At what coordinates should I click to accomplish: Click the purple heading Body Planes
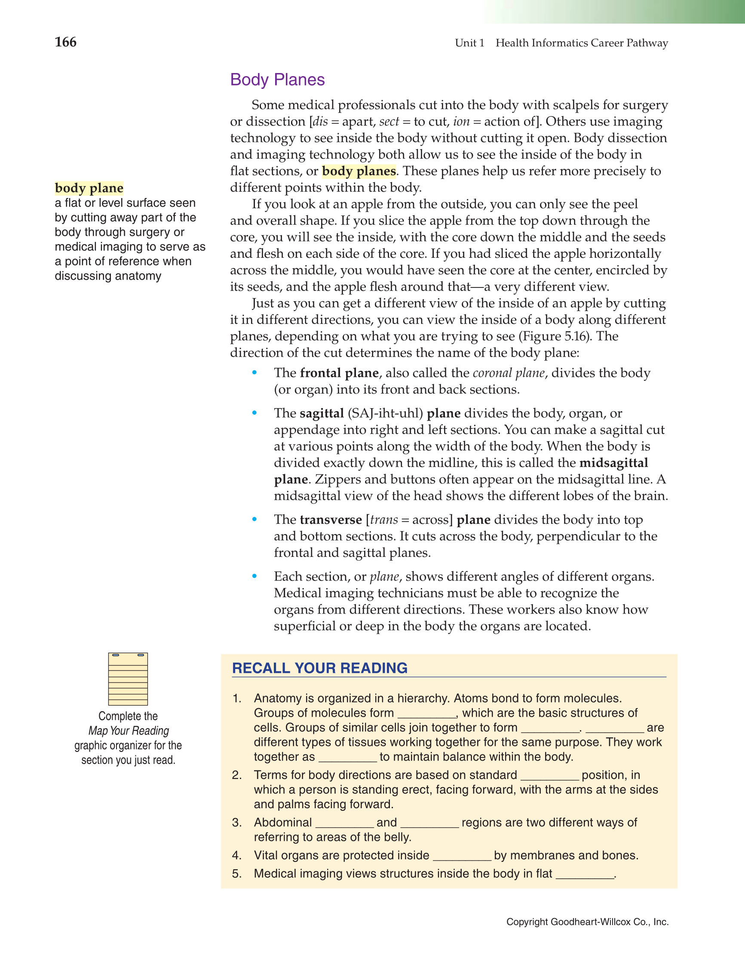point(277,80)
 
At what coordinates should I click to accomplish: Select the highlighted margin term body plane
point(89,188)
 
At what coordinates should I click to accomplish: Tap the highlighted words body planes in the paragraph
point(359,171)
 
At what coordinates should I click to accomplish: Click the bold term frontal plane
point(339,373)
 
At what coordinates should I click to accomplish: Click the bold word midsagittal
point(613,463)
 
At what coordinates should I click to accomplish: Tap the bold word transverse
point(331,520)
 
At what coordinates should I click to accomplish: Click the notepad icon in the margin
point(128,679)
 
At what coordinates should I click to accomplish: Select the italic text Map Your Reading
point(129,730)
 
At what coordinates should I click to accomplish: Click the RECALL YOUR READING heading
point(320,668)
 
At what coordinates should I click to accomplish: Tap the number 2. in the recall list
point(237,775)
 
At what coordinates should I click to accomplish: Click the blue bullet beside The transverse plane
point(254,519)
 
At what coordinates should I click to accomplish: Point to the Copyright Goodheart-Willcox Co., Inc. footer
point(587,922)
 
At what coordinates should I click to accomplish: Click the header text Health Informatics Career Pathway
point(582,43)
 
